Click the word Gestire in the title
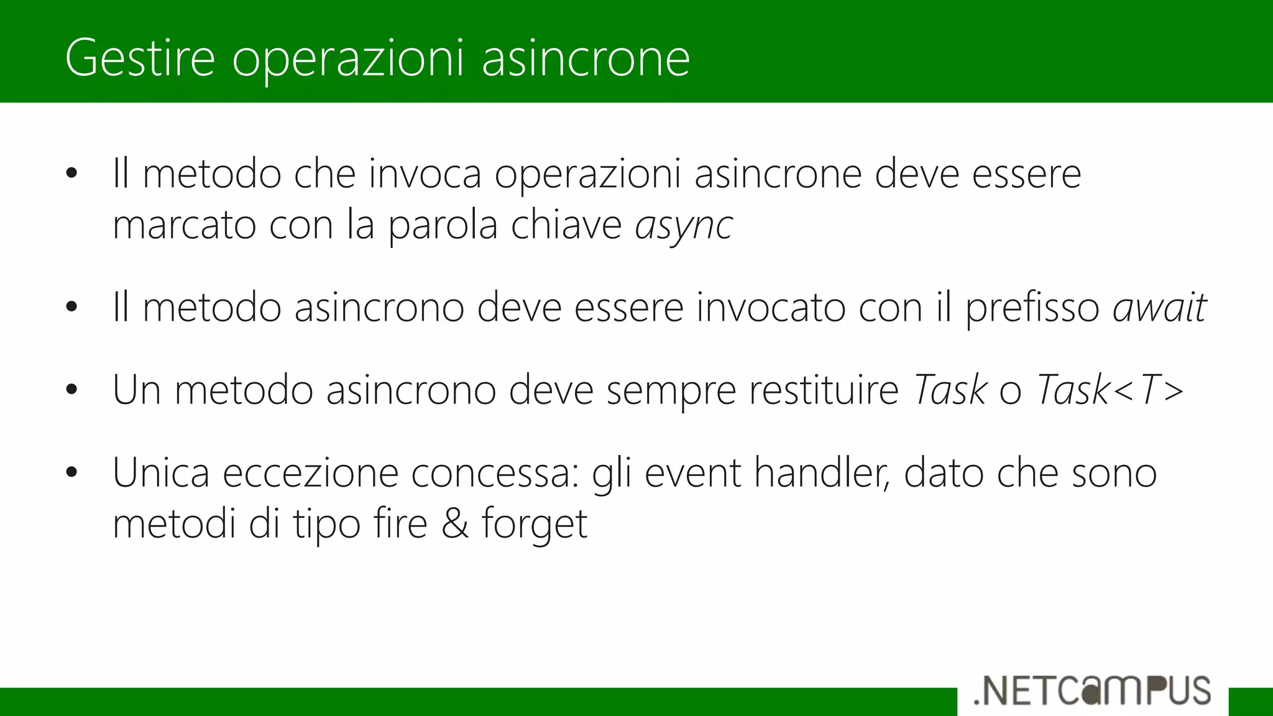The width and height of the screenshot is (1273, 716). click(x=140, y=58)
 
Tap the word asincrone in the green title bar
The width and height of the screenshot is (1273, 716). click(x=586, y=58)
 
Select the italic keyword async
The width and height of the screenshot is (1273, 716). click(x=684, y=225)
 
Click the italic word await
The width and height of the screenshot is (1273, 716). click(x=1159, y=307)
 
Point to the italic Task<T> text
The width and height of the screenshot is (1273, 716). click(x=1110, y=390)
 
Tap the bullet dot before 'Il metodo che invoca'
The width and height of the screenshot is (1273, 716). click(x=71, y=173)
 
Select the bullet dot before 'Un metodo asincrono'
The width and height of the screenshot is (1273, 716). click(x=71, y=390)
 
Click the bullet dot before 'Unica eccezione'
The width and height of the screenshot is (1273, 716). click(x=71, y=472)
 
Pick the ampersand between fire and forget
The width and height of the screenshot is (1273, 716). click(x=454, y=523)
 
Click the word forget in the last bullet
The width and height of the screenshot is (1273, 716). click(x=535, y=525)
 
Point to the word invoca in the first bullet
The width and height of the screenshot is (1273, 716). click(x=425, y=173)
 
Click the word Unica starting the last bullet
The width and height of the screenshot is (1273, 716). click(x=161, y=472)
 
